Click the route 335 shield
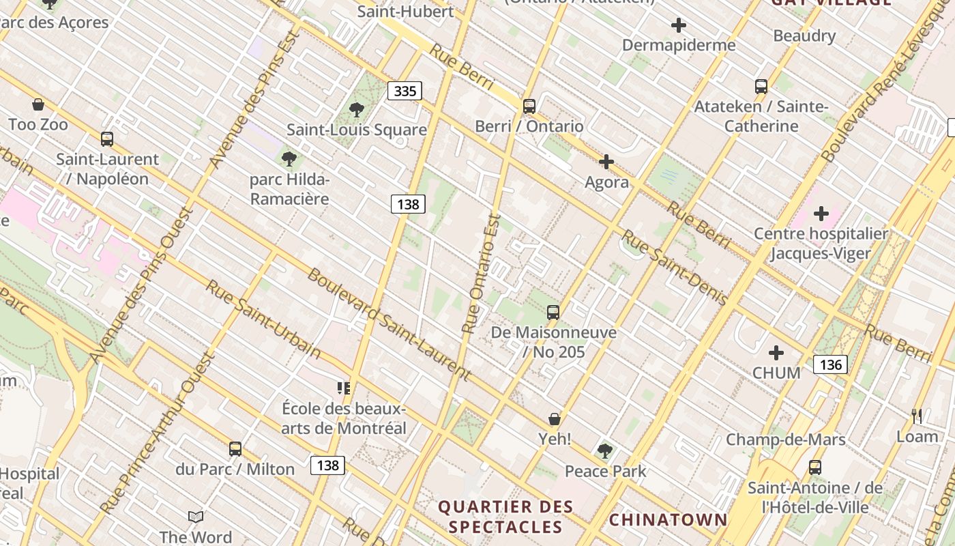click(x=405, y=91)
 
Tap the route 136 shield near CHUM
click(x=830, y=364)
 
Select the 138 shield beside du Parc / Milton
click(x=327, y=465)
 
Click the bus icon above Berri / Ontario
click(x=529, y=106)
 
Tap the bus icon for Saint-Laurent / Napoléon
click(x=107, y=139)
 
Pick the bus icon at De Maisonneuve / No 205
click(x=553, y=313)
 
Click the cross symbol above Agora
click(x=606, y=162)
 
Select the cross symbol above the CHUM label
click(x=776, y=353)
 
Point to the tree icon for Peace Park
click(x=604, y=450)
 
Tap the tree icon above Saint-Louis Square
click(x=356, y=109)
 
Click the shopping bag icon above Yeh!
click(x=555, y=419)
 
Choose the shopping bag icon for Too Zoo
click(x=38, y=104)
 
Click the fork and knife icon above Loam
click(x=917, y=416)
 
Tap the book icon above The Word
click(x=196, y=517)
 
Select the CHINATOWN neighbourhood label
click(x=668, y=520)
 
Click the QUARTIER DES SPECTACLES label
click(x=505, y=517)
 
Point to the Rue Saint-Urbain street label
click(x=263, y=319)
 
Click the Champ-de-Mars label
click(x=785, y=440)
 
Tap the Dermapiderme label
click(x=679, y=45)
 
